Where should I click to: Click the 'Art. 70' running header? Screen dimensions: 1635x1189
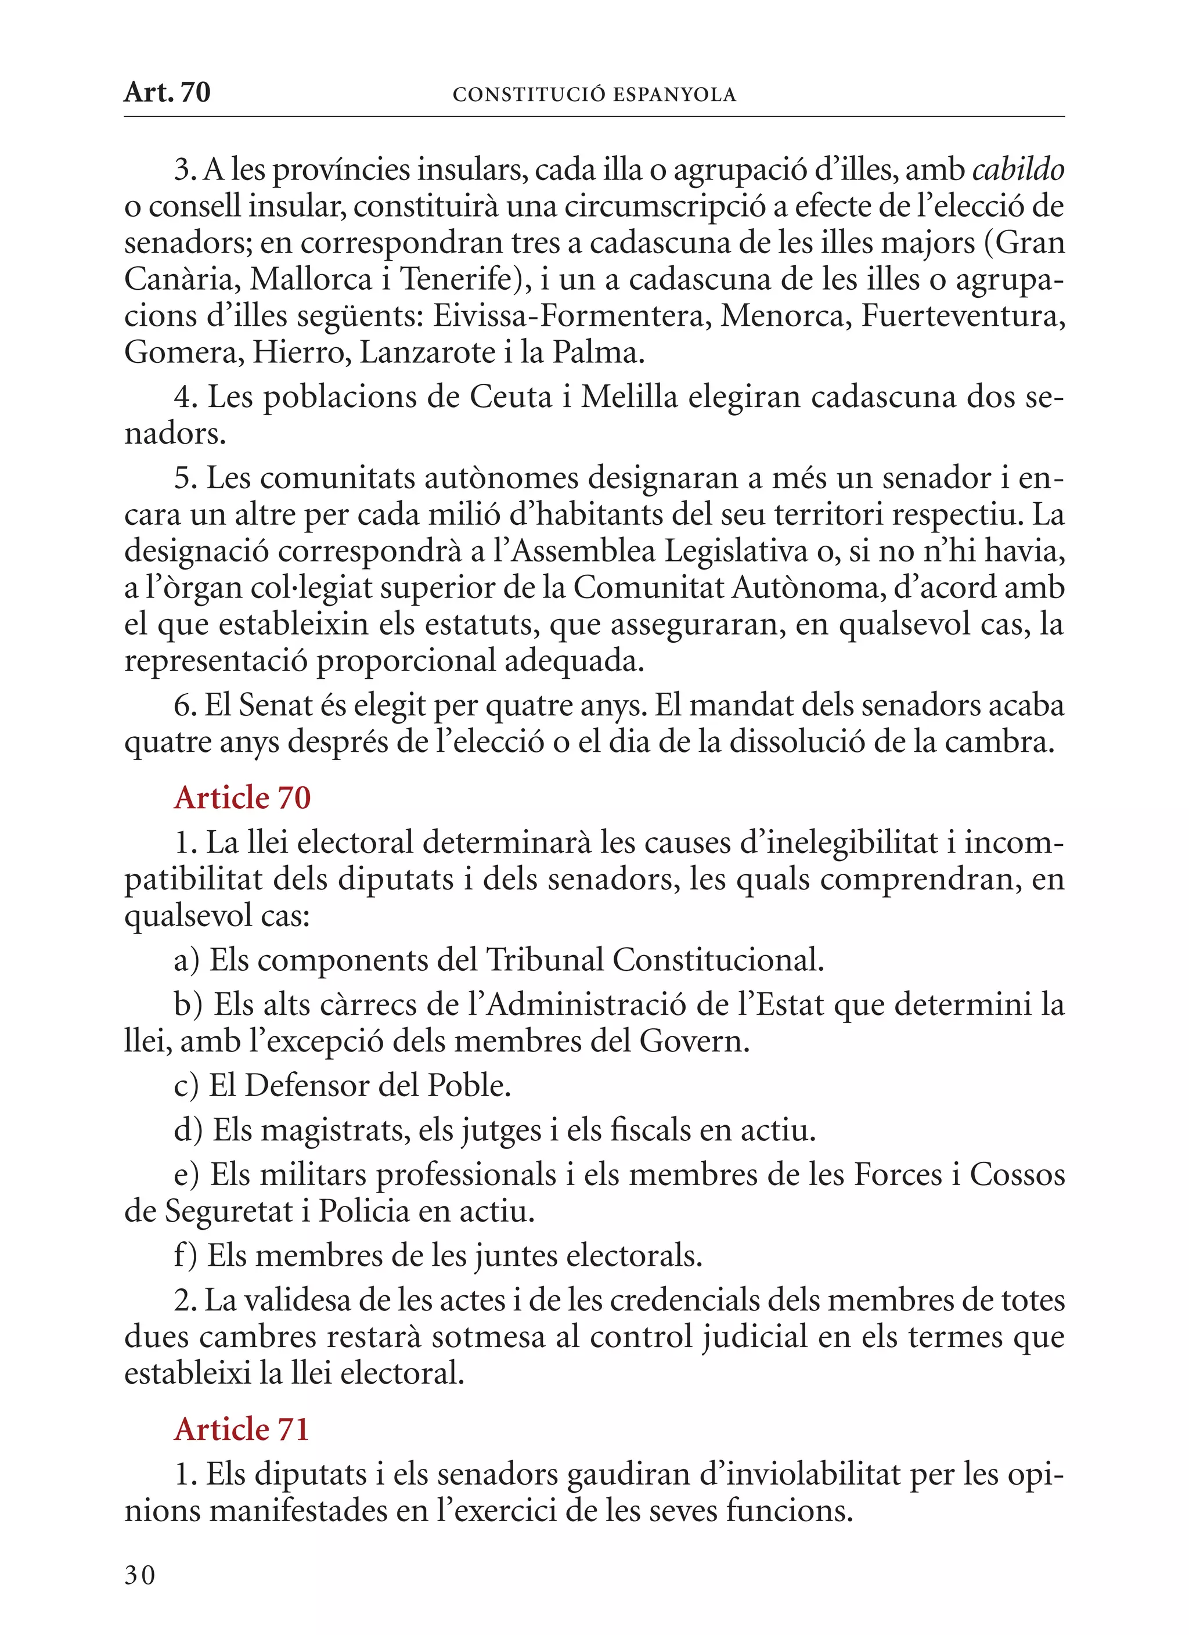167,93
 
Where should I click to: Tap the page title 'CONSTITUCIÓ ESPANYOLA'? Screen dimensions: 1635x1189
594,95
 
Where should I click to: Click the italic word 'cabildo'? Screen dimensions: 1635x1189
1018,170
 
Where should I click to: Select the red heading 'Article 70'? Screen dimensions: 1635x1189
242,798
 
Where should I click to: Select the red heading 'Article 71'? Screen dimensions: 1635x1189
242,1429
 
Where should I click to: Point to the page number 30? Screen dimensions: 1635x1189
140,1576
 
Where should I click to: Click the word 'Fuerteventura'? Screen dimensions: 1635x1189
961,316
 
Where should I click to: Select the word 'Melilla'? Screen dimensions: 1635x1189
629,397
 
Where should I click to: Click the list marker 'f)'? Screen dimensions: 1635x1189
185,1256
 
